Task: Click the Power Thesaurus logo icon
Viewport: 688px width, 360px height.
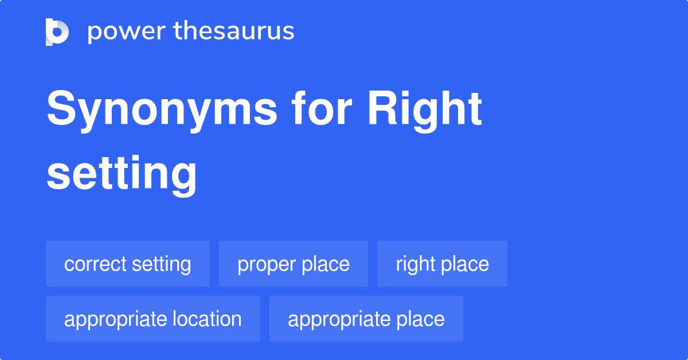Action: click(57, 32)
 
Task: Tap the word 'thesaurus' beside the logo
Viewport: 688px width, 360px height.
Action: click(234, 32)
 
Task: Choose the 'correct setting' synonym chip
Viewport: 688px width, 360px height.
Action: click(128, 264)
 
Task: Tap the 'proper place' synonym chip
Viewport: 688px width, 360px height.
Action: click(294, 264)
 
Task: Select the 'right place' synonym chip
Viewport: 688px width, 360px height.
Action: click(442, 264)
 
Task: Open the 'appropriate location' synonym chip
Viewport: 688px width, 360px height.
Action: click(153, 319)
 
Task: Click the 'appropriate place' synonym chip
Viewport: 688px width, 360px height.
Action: click(366, 319)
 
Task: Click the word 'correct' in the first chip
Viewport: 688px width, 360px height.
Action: click(95, 264)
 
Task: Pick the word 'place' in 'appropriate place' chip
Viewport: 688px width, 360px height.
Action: click(420, 319)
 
